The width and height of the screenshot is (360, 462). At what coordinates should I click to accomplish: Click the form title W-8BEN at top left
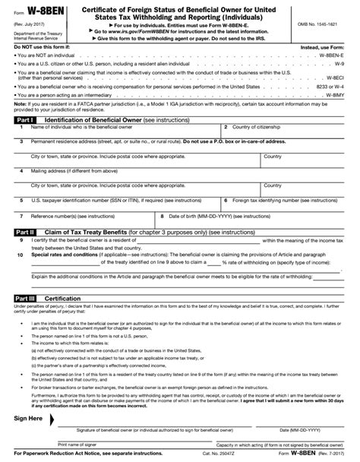40,11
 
